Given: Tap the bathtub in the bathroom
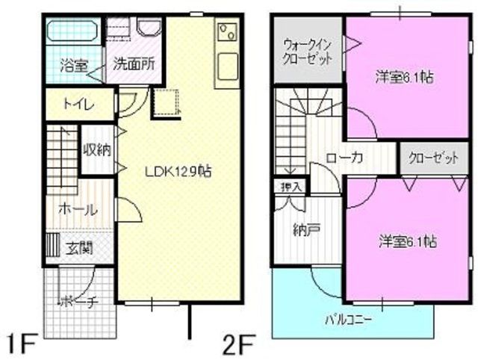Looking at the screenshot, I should pyautogui.click(x=72, y=33).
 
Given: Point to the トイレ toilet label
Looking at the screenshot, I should pyautogui.click(x=78, y=105).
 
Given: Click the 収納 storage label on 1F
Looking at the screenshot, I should pyautogui.click(x=97, y=149).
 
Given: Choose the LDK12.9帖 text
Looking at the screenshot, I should pyautogui.click(x=178, y=171).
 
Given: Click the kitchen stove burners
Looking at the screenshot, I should pyautogui.click(x=226, y=34).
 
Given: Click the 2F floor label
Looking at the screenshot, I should pyautogui.click(x=239, y=344).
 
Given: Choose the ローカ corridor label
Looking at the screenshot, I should pyautogui.click(x=344, y=158).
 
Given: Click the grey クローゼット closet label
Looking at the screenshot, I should pyautogui.click(x=432, y=158).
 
